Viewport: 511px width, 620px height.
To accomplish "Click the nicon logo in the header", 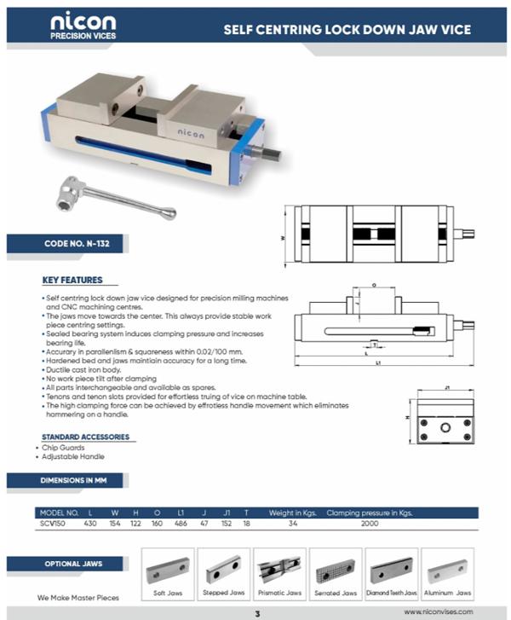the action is (83, 26).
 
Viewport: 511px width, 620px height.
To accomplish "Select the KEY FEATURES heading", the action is (72, 281).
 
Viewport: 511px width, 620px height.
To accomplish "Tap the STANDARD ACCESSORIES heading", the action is (85, 437).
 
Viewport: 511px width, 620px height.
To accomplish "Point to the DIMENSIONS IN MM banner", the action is (76, 480).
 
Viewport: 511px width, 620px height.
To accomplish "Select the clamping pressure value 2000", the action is (369, 523).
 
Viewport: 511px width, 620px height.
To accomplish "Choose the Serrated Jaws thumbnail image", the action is (336, 571).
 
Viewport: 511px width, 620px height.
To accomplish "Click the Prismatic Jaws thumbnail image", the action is (280, 571).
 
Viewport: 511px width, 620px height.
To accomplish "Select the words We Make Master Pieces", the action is (78, 597).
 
